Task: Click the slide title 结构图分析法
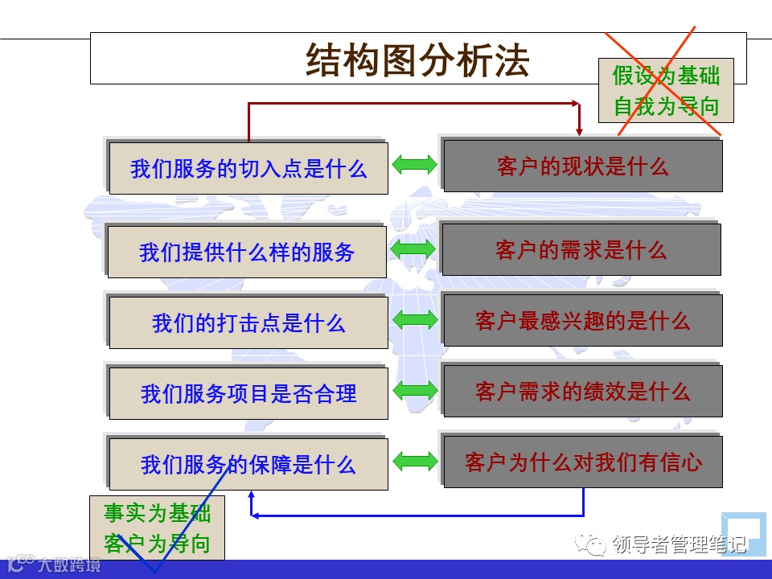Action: click(x=417, y=60)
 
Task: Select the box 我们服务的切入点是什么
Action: click(x=248, y=169)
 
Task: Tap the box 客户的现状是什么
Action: click(x=583, y=166)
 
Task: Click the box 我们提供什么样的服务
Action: click(x=248, y=252)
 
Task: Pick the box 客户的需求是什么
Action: click(x=581, y=250)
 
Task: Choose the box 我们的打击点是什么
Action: click(x=248, y=323)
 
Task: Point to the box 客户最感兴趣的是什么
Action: click(x=583, y=321)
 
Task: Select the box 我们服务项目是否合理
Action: click(x=248, y=394)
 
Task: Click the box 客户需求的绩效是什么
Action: click(x=583, y=392)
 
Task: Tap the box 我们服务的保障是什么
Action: click(x=248, y=465)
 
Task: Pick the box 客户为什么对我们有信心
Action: click(x=583, y=462)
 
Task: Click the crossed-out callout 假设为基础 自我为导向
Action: click(x=666, y=91)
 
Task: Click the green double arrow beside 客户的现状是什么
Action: click(x=415, y=165)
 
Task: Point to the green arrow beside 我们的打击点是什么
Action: click(x=415, y=319)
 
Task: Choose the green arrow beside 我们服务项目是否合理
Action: click(x=415, y=390)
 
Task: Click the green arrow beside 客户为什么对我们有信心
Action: click(x=415, y=461)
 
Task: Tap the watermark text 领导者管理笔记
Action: click(x=680, y=544)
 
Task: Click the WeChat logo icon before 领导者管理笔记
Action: click(x=597, y=545)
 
